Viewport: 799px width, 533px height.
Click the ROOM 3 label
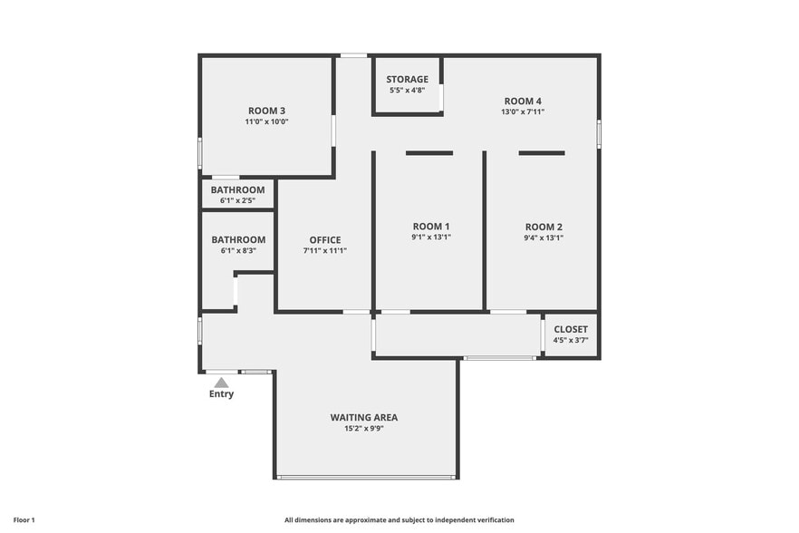[266, 111]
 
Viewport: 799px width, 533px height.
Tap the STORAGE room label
[407, 80]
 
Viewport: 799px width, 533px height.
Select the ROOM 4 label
[523, 101]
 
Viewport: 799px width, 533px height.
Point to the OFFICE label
[324, 240]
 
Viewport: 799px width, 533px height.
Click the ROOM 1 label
[430, 227]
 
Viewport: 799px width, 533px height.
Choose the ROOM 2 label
[544, 227]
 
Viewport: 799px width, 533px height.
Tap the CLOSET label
[571, 329]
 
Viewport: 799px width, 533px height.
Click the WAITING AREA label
[363, 418]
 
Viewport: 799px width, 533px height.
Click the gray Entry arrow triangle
[221, 383]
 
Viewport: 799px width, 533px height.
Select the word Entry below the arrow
[221, 394]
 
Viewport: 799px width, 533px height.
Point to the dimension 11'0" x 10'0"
[266, 121]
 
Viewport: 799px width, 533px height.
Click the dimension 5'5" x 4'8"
[407, 91]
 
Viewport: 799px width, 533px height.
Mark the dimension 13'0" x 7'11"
[523, 111]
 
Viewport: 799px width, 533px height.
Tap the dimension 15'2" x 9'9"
[363, 429]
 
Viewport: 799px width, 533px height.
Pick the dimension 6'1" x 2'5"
[237, 200]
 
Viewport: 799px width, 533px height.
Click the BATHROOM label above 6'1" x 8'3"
[237, 240]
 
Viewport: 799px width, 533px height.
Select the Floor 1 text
[24, 520]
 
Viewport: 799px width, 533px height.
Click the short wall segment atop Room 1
[429, 153]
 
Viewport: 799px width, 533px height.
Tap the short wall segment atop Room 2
[542, 153]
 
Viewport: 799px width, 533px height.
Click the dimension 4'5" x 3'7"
[571, 340]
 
